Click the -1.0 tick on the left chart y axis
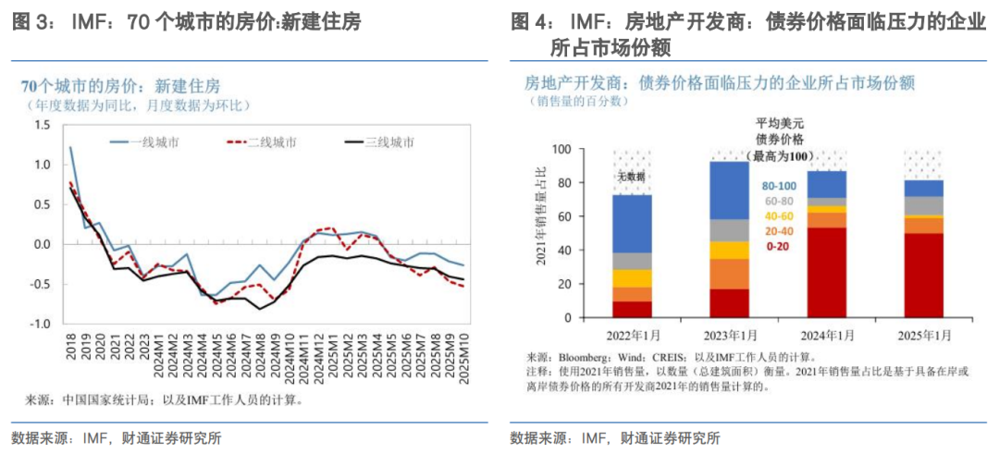pyautogui.click(x=40, y=325)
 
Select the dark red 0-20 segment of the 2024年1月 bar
pyautogui.click(x=828, y=273)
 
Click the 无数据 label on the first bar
pyautogui.click(x=632, y=177)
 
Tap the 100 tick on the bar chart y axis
pyautogui.click(x=561, y=149)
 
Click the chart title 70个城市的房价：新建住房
pyautogui.click(x=121, y=87)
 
